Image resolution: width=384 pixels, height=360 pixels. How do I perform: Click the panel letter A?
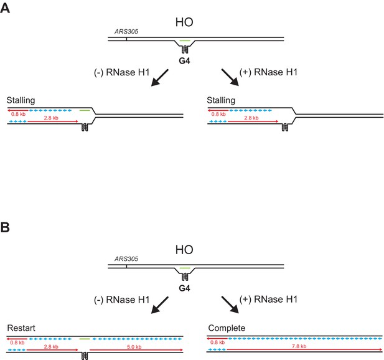click(x=5, y=8)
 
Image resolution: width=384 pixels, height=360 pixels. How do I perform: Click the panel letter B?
click(x=5, y=227)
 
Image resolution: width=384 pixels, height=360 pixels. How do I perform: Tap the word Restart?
click(x=21, y=328)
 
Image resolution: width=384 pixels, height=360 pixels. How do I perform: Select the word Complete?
click(x=227, y=328)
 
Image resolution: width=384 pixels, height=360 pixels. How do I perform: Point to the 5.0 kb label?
click(x=134, y=347)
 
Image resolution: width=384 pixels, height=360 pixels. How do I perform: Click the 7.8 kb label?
click(x=299, y=346)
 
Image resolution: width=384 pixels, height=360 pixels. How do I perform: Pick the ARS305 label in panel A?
click(x=126, y=31)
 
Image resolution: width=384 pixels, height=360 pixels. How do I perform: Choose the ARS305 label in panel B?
click(x=126, y=258)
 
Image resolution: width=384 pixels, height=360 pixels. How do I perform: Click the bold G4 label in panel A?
click(x=184, y=61)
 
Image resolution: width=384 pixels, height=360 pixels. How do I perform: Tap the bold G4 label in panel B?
click(x=184, y=288)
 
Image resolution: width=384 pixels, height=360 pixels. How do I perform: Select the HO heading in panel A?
click(x=184, y=22)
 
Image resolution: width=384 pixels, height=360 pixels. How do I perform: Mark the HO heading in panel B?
click(x=184, y=250)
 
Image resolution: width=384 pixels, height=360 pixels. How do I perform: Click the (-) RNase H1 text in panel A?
click(x=122, y=72)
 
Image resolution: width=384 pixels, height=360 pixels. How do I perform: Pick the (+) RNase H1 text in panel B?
click(x=268, y=300)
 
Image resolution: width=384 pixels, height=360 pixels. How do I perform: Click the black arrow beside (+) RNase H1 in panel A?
click(x=230, y=77)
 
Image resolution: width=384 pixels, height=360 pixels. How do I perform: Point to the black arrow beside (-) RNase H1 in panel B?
click(x=160, y=305)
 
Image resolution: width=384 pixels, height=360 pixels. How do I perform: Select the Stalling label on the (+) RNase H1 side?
click(x=221, y=100)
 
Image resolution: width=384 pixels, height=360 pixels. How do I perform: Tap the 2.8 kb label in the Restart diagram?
click(x=51, y=347)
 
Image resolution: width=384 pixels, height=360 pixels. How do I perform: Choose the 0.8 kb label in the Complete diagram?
click(x=217, y=343)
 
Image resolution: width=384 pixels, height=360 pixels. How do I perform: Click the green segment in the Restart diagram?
click(x=85, y=339)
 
